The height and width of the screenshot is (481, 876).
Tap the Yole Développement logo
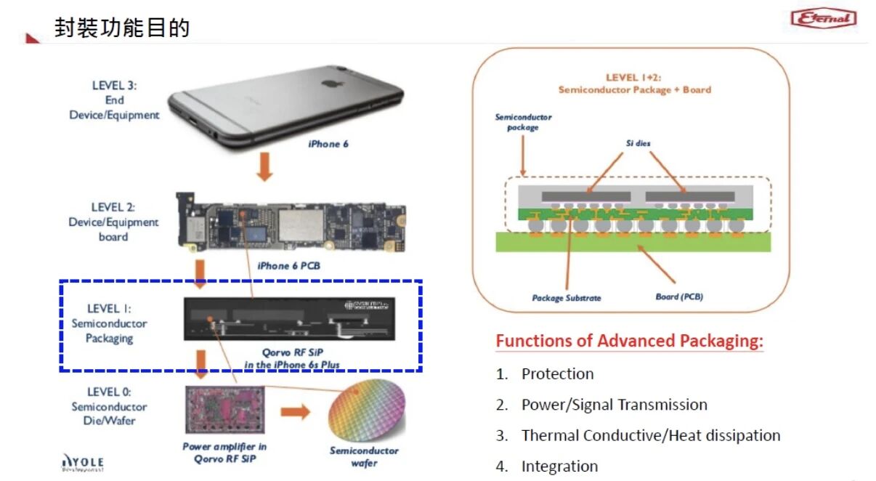(84, 462)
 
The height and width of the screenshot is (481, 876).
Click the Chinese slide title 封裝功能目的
(122, 28)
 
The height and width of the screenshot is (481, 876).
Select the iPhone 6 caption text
(328, 144)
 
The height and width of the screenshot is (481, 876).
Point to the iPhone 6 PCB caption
(288, 266)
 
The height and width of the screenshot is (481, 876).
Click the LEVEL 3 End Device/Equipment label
(114, 100)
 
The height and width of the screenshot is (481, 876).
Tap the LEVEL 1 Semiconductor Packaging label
(109, 323)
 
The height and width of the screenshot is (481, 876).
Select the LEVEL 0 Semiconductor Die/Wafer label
(109, 406)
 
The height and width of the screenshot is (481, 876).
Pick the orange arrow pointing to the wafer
(295, 413)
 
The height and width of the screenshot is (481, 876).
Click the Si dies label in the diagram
(638, 144)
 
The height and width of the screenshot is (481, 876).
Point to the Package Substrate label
(567, 298)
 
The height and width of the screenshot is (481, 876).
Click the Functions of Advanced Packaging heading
(629, 341)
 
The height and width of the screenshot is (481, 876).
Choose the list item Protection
(557, 374)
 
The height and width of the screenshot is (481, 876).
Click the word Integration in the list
(559, 466)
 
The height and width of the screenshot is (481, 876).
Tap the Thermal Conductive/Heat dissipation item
(650, 436)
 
